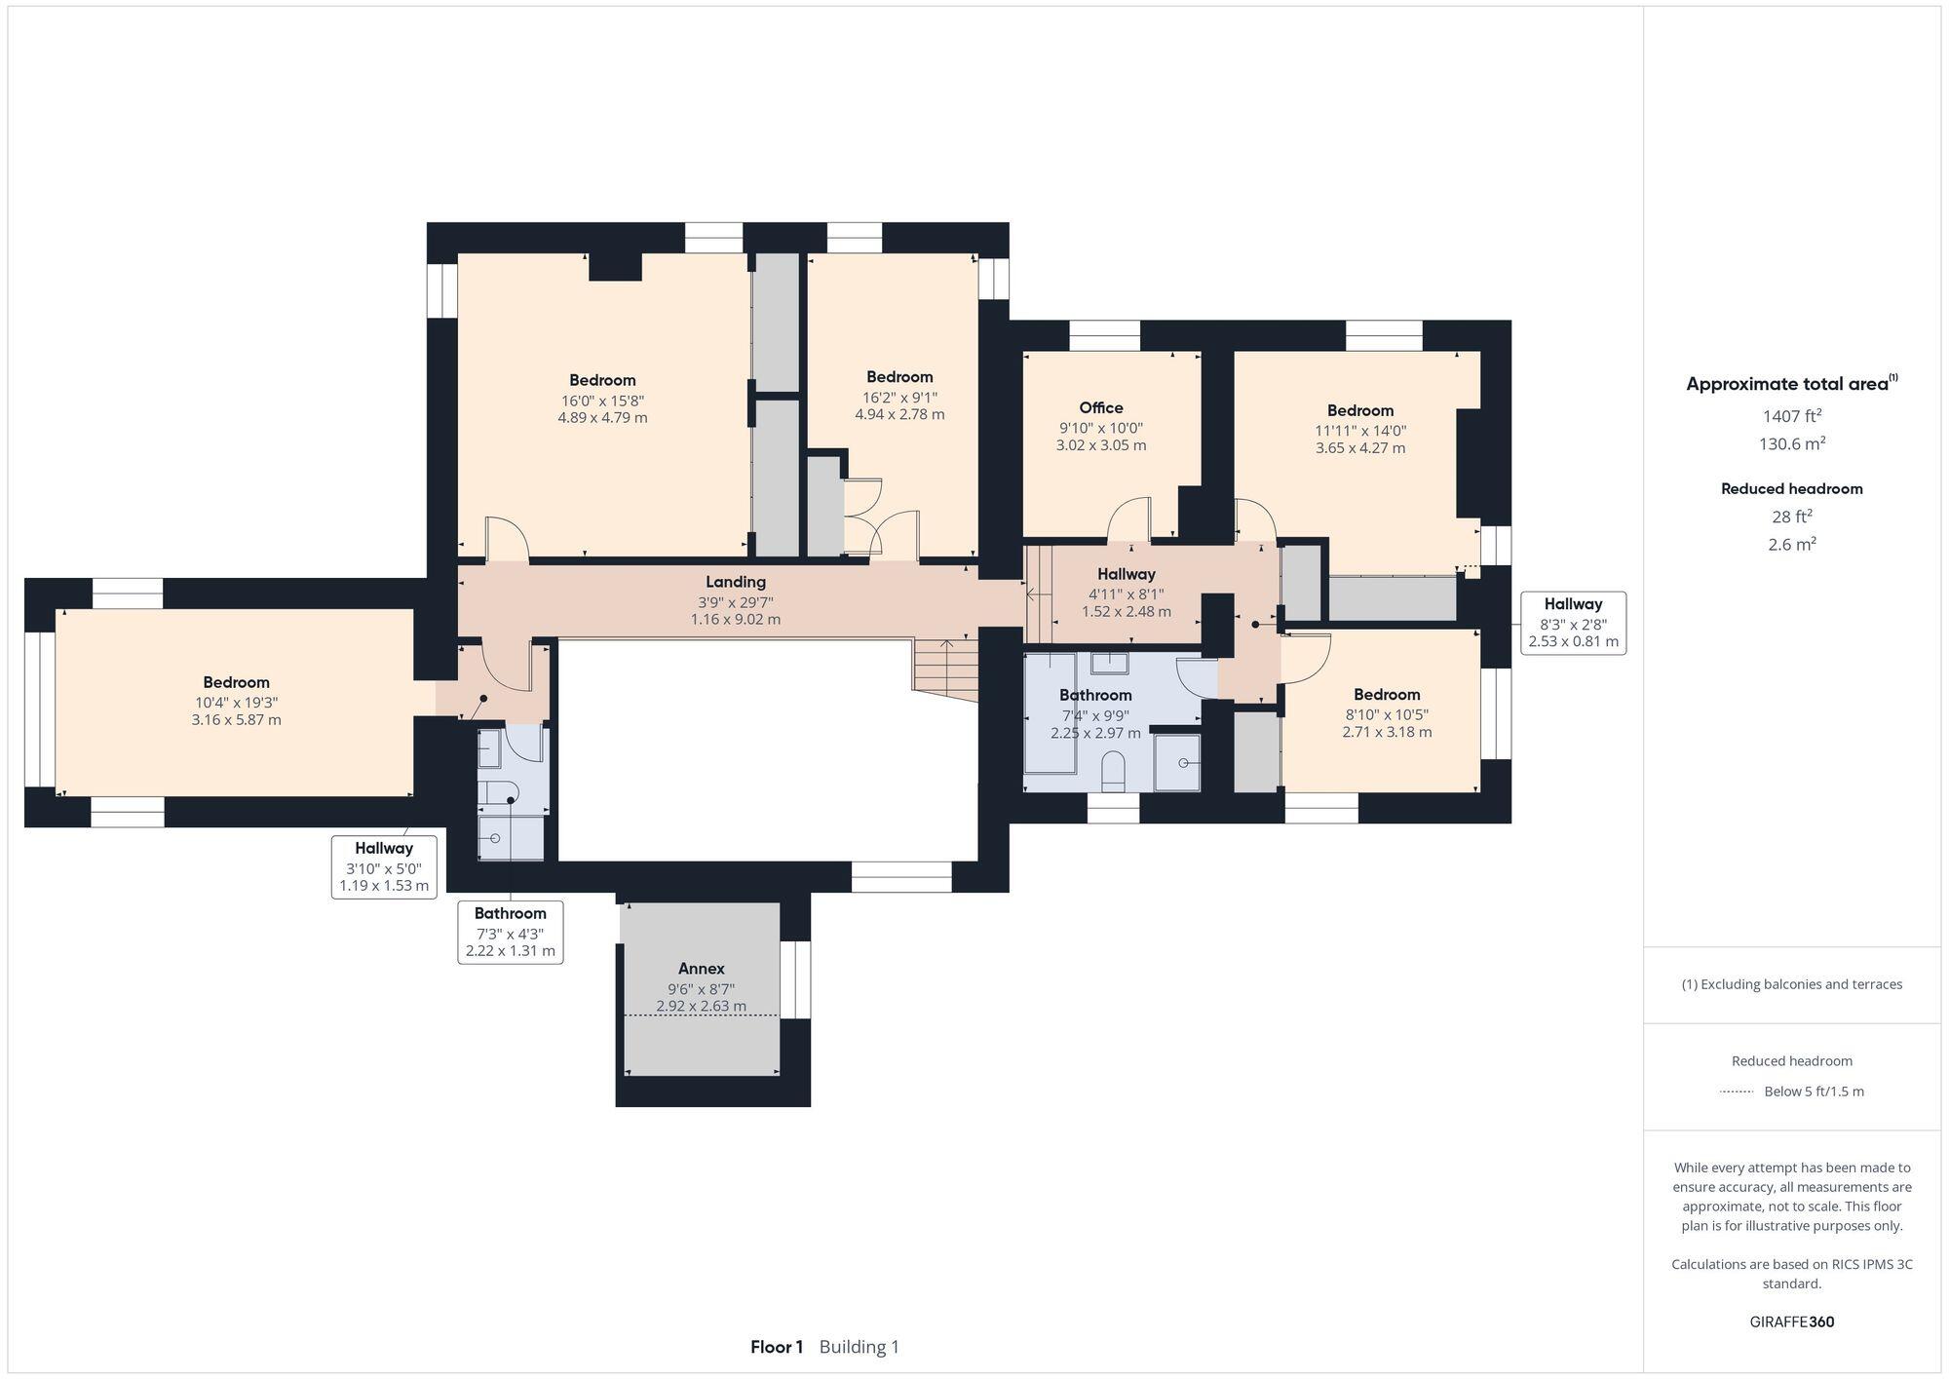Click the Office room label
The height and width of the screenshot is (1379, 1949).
[x=1100, y=407]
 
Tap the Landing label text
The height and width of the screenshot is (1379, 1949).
[x=736, y=582]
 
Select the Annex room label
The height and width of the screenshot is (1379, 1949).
[x=702, y=969]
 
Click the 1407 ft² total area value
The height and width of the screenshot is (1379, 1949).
[x=1791, y=416]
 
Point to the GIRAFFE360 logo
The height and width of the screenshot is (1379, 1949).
[x=1791, y=1322]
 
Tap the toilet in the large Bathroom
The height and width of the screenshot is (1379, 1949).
[x=1112, y=772]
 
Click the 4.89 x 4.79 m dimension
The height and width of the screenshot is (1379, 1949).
[x=602, y=418]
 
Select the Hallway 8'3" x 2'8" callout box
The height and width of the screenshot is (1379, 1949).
[x=1573, y=623]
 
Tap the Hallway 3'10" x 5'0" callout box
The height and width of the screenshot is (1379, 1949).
[x=384, y=867]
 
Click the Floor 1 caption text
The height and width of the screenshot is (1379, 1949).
[x=777, y=1347]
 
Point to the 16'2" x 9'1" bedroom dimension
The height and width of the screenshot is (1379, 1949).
[x=899, y=397]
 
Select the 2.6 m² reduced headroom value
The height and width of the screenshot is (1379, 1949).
[x=1791, y=545]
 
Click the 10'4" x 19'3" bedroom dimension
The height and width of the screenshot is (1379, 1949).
[x=236, y=703]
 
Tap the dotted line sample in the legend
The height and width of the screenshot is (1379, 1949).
[x=1737, y=1092]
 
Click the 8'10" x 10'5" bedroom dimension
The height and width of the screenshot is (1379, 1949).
[x=1386, y=714]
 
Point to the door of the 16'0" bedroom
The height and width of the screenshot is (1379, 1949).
[x=507, y=538]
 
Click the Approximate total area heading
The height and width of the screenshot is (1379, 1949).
[x=1791, y=384]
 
